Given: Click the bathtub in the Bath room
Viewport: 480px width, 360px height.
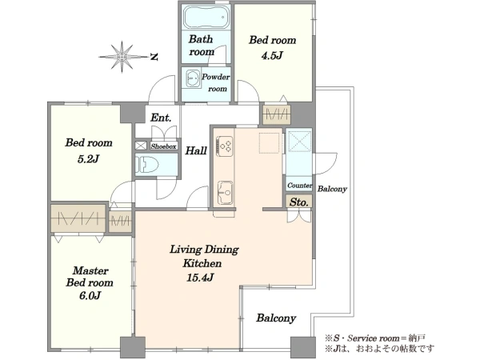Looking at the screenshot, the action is click(207, 17).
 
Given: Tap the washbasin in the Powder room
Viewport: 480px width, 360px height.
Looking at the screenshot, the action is click(193, 79).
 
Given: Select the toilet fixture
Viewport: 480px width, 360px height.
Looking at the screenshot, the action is click(148, 165).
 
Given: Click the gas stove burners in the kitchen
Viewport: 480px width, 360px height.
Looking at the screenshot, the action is click(225, 145).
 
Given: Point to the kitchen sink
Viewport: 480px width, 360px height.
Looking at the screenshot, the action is click(225, 193).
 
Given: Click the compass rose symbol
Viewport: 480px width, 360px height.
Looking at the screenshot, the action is click(122, 57).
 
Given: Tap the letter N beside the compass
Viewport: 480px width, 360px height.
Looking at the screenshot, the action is click(154, 57).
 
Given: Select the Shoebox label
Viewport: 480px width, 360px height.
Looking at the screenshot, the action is click(163, 146).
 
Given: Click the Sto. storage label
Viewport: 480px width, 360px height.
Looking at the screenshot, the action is click(298, 202).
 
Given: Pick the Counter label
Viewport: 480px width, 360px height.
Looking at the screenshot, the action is click(299, 186).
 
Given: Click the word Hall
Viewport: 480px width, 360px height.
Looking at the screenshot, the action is click(196, 150).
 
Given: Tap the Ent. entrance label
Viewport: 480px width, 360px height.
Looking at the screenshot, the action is click(161, 118).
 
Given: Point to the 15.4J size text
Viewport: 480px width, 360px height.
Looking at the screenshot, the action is click(200, 278).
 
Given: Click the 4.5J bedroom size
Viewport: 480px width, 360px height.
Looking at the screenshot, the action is click(272, 56).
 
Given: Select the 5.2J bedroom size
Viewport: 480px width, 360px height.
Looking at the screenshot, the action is click(89, 159).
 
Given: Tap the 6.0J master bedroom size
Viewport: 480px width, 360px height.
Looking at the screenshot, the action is click(90, 296).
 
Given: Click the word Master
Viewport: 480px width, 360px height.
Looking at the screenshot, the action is click(90, 270).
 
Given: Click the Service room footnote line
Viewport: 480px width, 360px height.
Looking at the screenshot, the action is click(375, 338).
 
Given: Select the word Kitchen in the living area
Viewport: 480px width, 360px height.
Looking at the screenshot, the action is click(202, 263).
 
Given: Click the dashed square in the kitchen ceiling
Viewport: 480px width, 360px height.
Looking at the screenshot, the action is click(270, 143).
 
